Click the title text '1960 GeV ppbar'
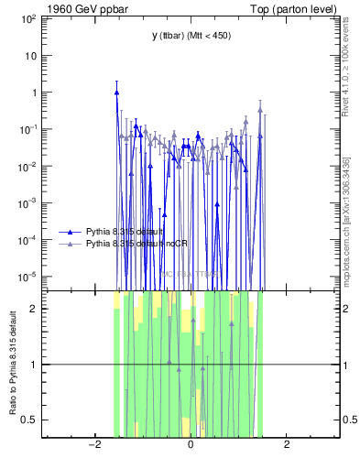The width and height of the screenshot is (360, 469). (78, 8)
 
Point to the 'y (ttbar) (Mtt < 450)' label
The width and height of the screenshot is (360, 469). (191, 35)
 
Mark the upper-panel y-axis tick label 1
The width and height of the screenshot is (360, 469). (34, 92)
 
